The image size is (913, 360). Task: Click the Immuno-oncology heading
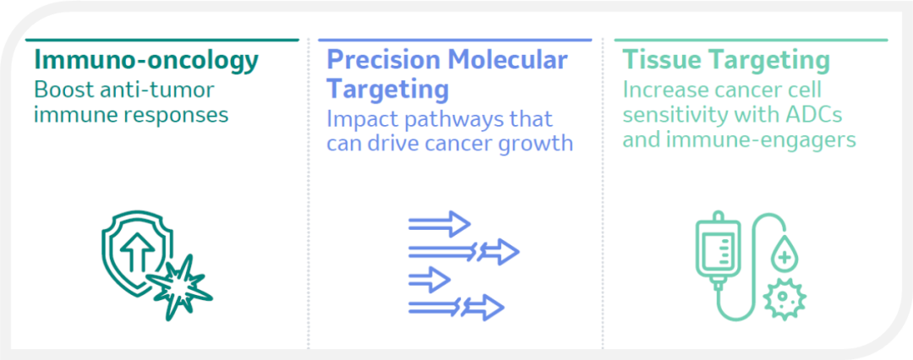146,61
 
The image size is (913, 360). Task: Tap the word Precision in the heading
381,61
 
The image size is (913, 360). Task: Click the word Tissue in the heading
656,61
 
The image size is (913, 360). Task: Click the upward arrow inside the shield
138,252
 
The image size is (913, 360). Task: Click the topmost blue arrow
440,224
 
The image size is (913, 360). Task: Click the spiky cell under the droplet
785,297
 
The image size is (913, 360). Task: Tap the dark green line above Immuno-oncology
161,40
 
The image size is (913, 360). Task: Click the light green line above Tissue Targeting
752,40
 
